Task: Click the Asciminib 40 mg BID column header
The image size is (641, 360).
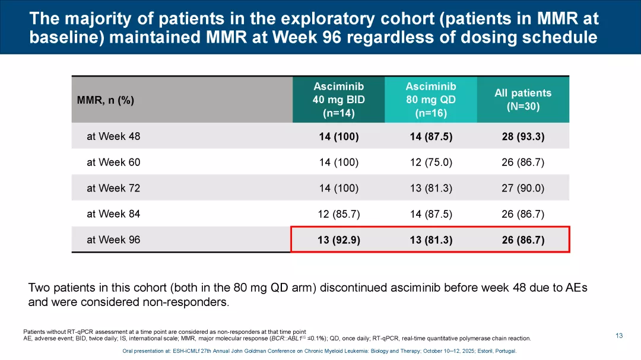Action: pyautogui.click(x=338, y=100)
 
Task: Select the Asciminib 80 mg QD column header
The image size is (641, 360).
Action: pyautogui.click(x=431, y=100)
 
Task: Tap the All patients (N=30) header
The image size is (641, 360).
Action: pyautogui.click(x=523, y=100)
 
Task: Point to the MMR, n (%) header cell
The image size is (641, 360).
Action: pyautogui.click(x=106, y=100)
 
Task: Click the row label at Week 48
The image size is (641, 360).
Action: pyautogui.click(x=113, y=136)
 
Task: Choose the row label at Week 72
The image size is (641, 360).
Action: pyautogui.click(x=113, y=188)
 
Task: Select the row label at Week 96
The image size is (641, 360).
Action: pyautogui.click(x=113, y=240)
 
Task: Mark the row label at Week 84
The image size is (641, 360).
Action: pyautogui.click(x=113, y=214)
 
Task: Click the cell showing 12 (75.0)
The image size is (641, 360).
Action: pyautogui.click(x=431, y=162)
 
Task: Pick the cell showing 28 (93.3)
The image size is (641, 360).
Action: pyautogui.click(x=523, y=136)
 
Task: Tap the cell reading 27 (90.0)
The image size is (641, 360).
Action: pyautogui.click(x=523, y=188)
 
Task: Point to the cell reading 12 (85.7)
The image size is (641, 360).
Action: pyautogui.click(x=338, y=214)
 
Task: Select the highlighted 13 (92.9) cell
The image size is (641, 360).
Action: pyautogui.click(x=338, y=240)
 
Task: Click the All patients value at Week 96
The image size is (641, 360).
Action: pyautogui.click(x=523, y=240)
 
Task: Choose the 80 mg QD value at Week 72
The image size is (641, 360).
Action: pyautogui.click(x=431, y=188)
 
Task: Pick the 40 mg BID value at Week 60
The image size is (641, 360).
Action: pyautogui.click(x=338, y=162)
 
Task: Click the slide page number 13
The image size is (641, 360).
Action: pyautogui.click(x=619, y=336)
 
